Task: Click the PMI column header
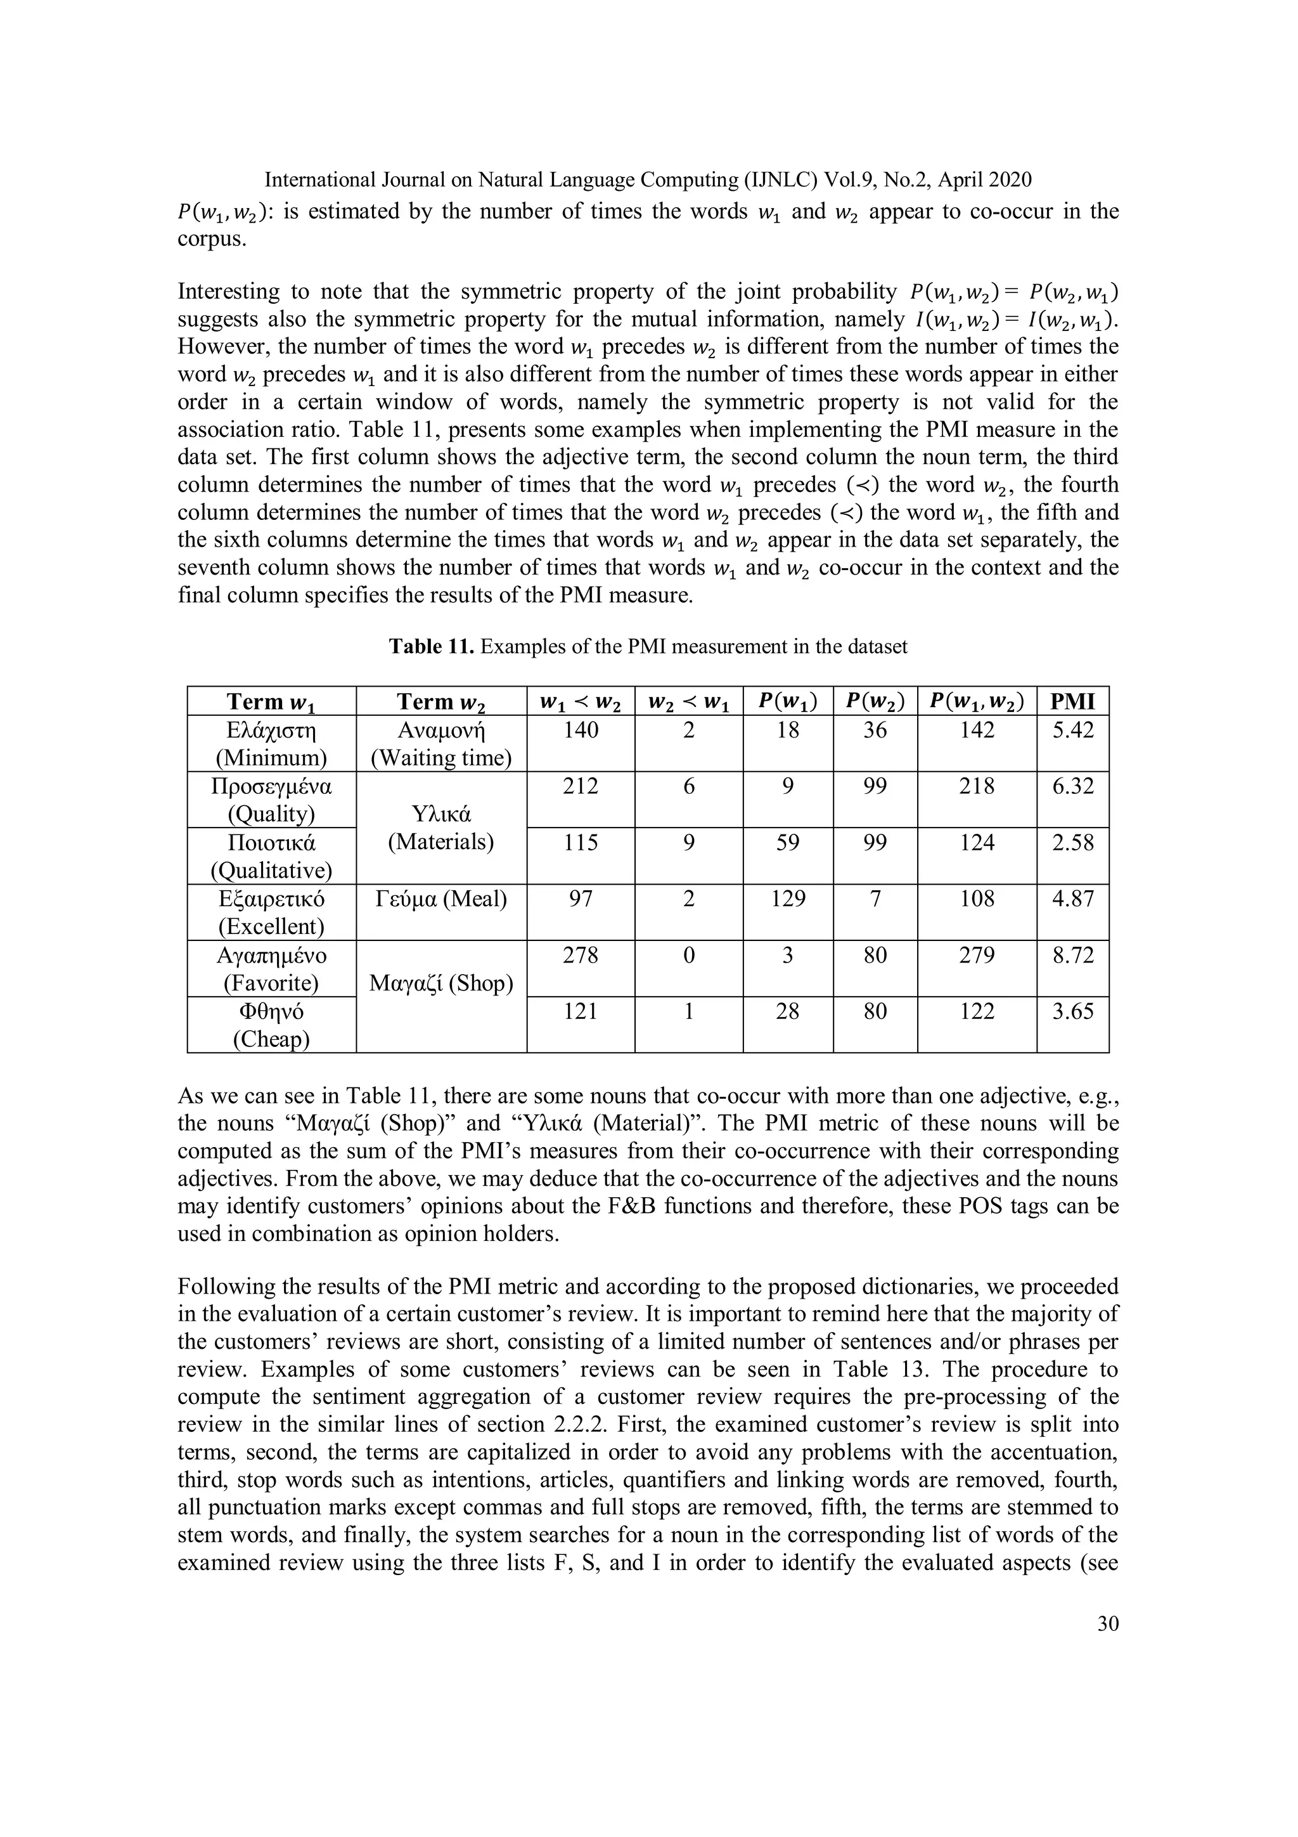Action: (1072, 702)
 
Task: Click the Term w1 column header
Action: (271, 702)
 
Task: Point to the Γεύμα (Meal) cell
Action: (440, 899)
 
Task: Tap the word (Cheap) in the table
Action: (271, 1039)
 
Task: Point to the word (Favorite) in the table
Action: (271, 982)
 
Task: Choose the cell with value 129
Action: (787, 899)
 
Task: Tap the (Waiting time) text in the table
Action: (440, 758)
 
